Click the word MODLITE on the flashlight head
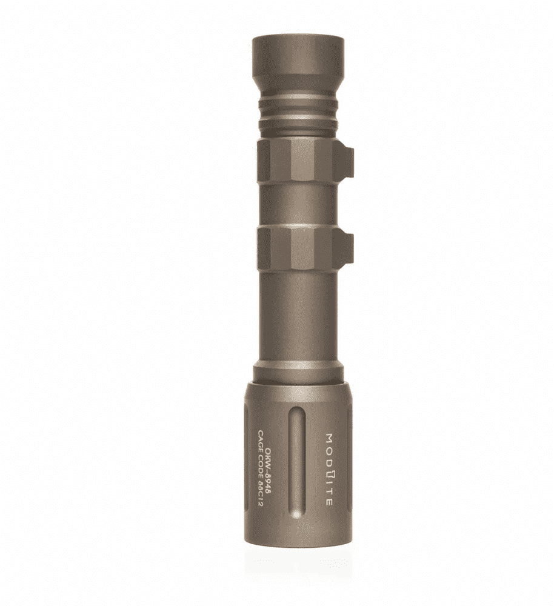[x=329, y=469]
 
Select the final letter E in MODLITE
[x=329, y=502]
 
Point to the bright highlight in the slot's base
[x=297, y=514]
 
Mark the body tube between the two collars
[x=297, y=204]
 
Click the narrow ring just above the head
[x=298, y=372]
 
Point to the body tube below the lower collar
[x=297, y=315]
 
